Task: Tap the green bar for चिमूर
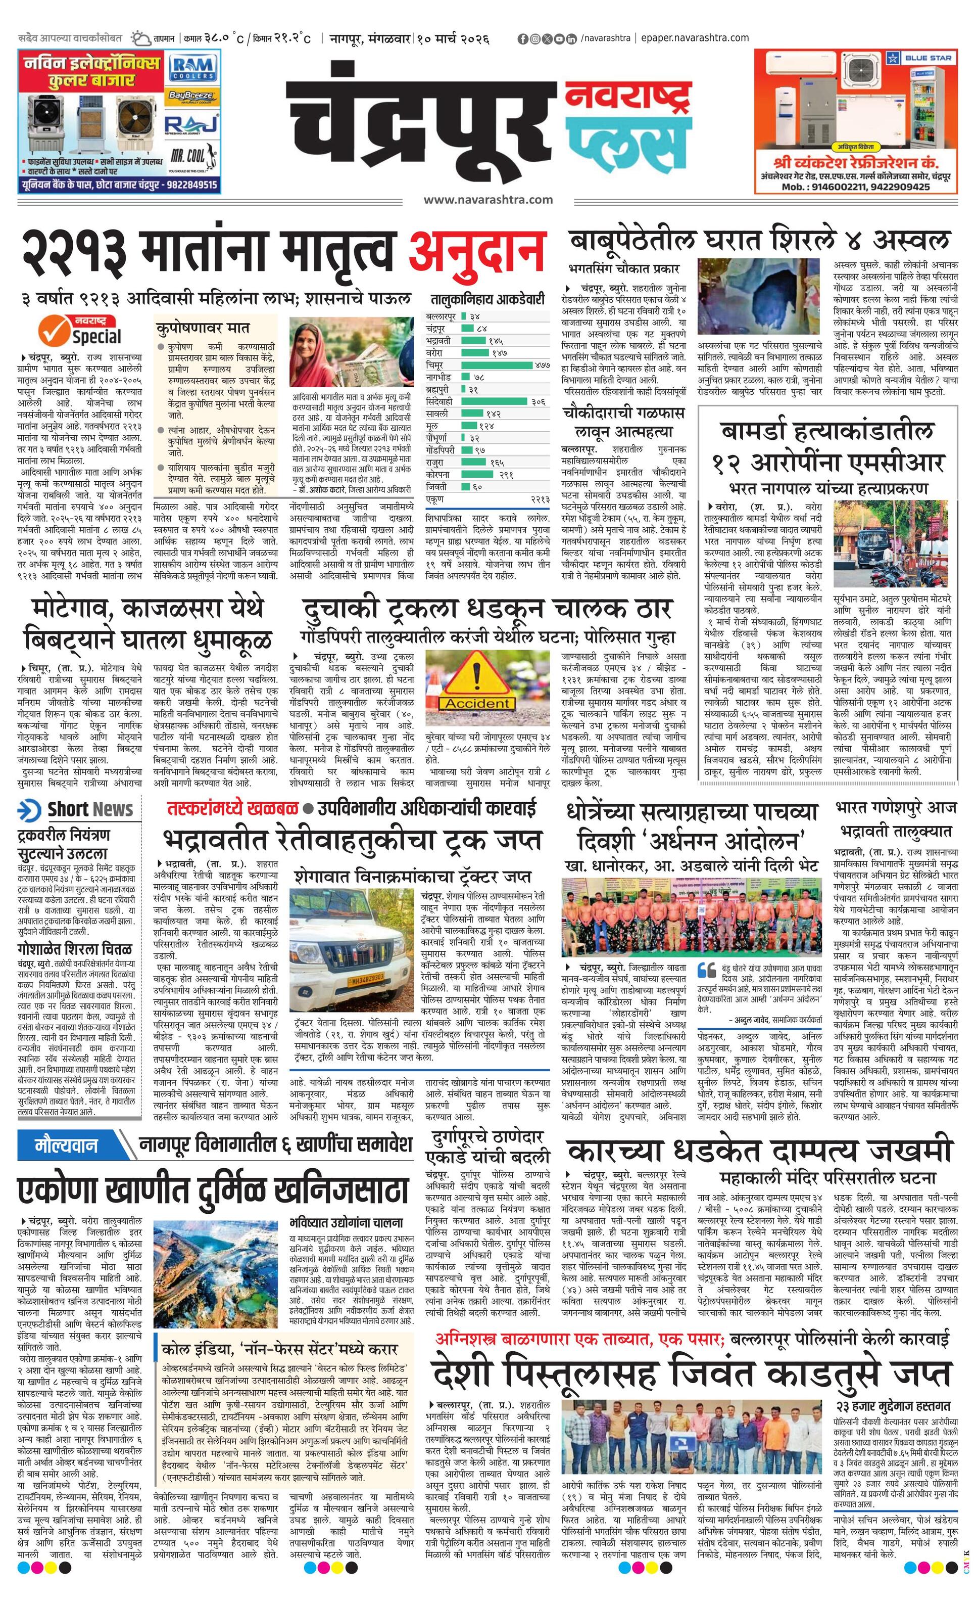tap(497, 364)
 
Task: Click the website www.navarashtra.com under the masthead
tap(487, 200)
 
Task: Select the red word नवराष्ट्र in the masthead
tap(626, 95)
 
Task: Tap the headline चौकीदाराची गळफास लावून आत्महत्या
tap(624, 422)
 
